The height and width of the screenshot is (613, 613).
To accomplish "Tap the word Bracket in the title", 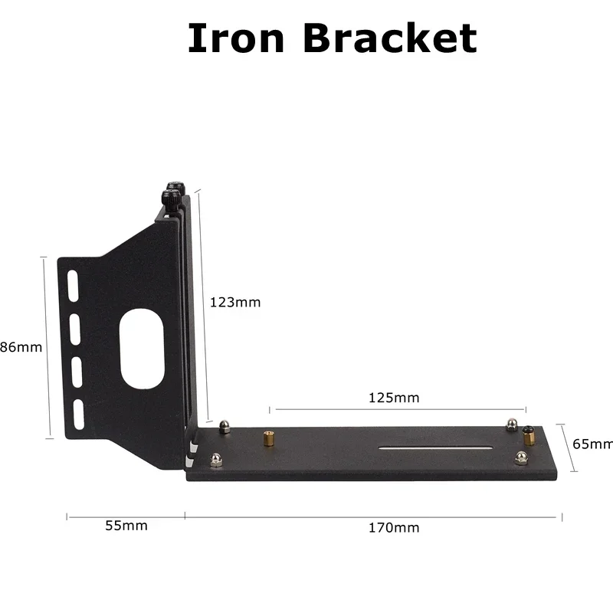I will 390,38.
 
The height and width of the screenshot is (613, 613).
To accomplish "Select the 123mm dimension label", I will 235,302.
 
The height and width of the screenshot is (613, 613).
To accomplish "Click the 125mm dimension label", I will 394,398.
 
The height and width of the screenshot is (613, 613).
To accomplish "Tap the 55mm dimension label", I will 126,526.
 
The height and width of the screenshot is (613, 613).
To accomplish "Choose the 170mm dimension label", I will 394,527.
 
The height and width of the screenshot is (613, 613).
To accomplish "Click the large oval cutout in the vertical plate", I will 142,349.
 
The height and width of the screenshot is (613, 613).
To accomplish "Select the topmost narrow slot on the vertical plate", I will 72,285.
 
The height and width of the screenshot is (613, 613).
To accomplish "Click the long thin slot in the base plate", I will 435,446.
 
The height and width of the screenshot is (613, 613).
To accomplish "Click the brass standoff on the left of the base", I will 270,439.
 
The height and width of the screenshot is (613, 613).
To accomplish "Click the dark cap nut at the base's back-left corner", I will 225,426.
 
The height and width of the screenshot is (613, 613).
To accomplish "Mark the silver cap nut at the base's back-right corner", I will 511,425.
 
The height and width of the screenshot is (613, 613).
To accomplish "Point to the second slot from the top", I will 74,327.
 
